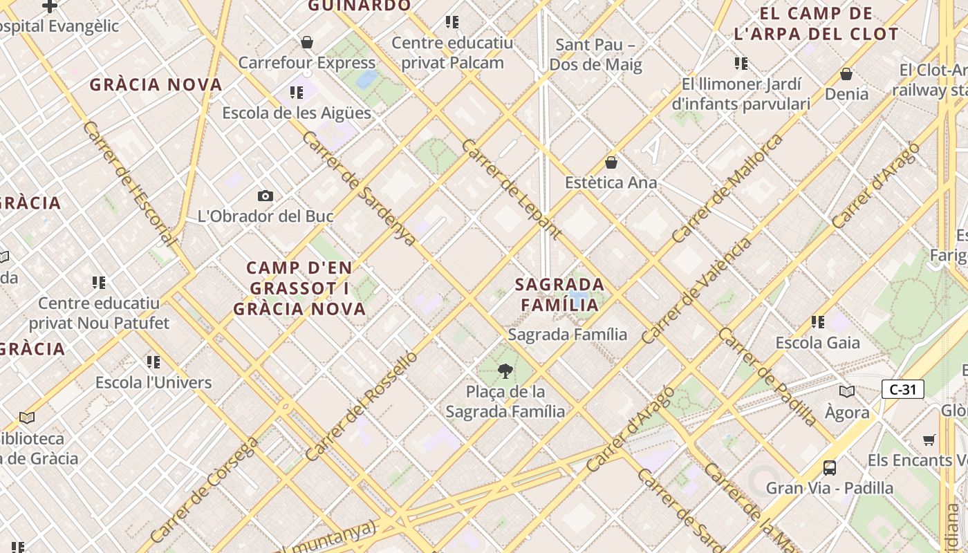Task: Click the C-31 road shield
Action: [x=902, y=389]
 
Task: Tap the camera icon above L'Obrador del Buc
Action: [x=265, y=196]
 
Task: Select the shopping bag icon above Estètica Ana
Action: [x=611, y=162]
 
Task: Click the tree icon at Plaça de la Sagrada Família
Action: [x=505, y=371]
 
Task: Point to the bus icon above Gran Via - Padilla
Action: [x=829, y=467]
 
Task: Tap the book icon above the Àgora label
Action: [x=846, y=391]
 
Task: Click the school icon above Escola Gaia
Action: [x=817, y=321]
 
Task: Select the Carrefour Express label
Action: [x=306, y=62]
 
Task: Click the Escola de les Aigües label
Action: [x=297, y=113]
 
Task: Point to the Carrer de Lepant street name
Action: [x=511, y=189]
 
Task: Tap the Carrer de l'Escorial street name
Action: [x=129, y=184]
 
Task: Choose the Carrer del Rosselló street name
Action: [x=361, y=406]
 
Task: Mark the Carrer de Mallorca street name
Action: [x=728, y=187]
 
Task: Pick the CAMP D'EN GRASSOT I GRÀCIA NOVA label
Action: [x=299, y=288]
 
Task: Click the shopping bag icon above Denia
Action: [x=846, y=74]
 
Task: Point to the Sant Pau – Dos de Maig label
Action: [x=595, y=55]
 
